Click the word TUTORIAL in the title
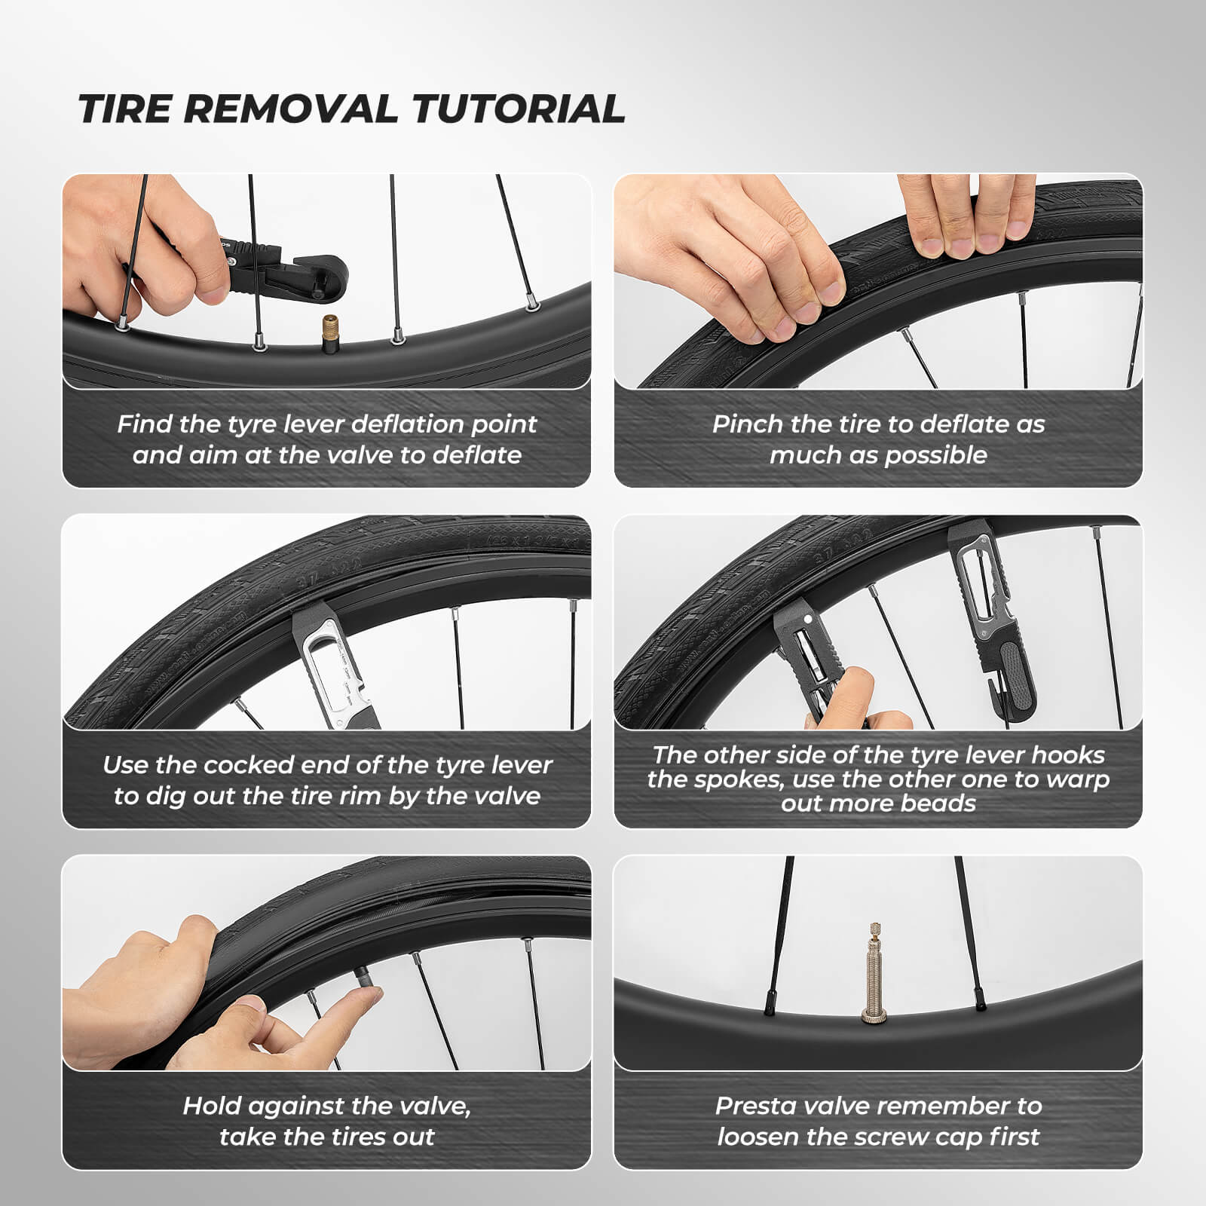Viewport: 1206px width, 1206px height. coord(518,109)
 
